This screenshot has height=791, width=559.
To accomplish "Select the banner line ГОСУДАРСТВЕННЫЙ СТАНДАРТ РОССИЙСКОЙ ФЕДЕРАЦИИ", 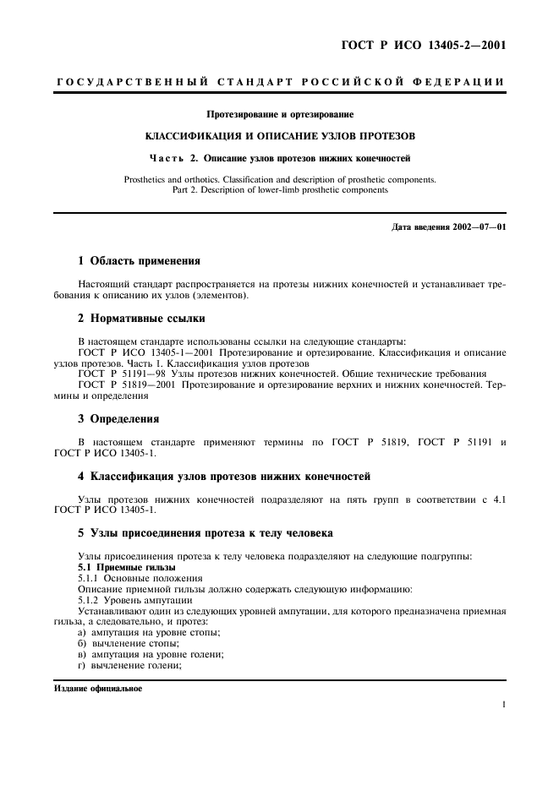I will click(x=280, y=82).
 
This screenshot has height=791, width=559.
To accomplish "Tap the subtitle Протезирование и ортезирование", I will click(x=280, y=114).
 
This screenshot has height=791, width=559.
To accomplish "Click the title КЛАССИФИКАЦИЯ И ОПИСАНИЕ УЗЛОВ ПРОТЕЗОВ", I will click(x=280, y=135).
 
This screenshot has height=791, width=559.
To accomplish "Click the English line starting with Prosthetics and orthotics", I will click(x=280, y=179).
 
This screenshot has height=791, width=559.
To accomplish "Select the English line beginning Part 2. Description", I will click(x=280, y=190).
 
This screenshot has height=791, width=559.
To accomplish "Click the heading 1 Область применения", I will click(x=139, y=261).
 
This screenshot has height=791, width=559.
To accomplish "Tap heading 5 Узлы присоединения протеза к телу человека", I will click(x=206, y=533).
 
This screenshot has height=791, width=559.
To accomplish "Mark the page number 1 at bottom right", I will click(x=502, y=704).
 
